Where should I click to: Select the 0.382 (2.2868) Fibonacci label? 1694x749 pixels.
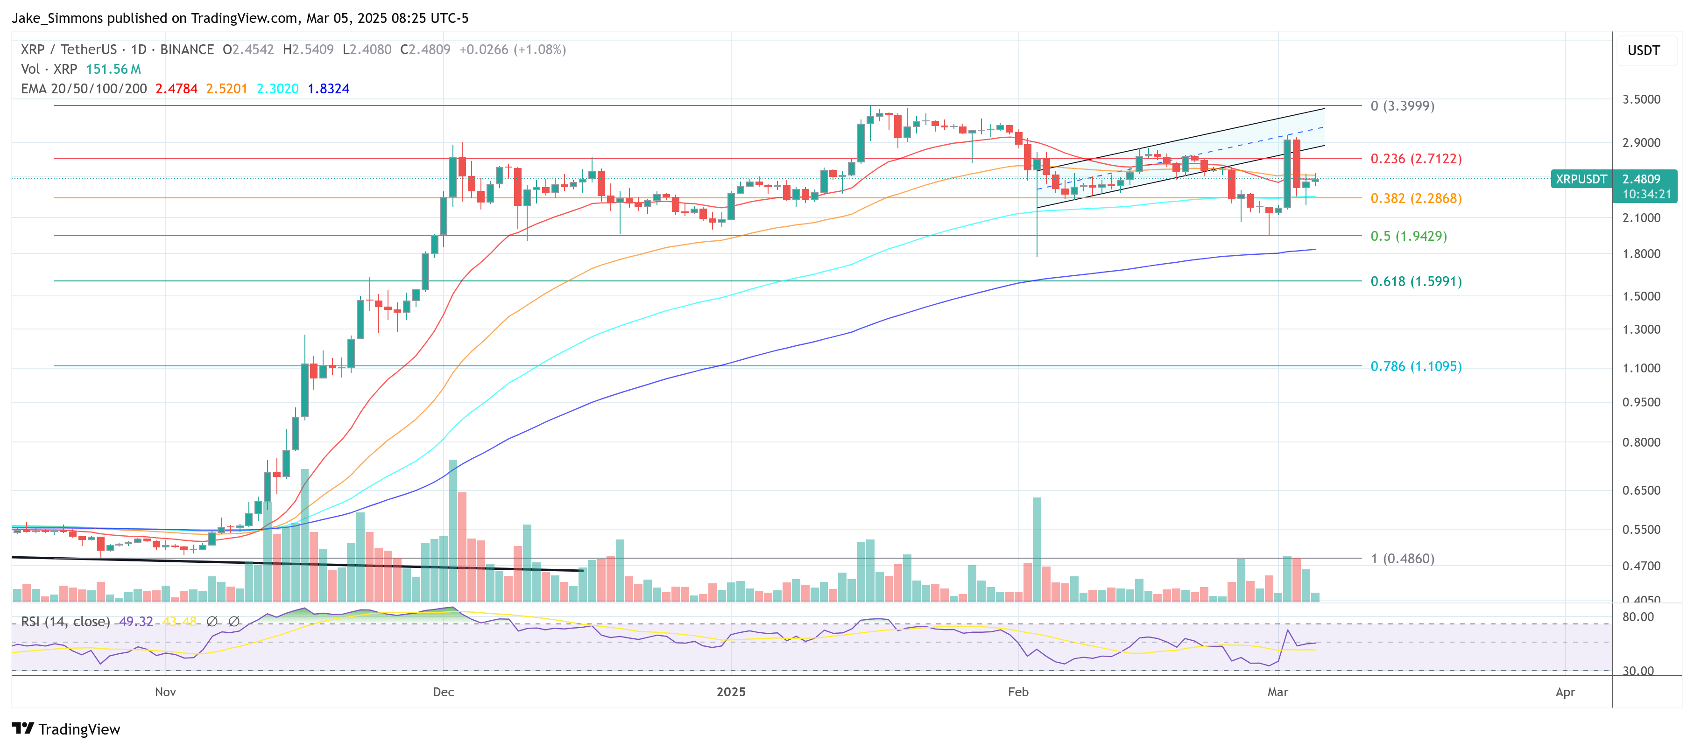(1415, 198)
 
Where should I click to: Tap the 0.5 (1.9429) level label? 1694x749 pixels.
(1408, 236)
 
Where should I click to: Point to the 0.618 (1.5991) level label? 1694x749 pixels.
(1415, 281)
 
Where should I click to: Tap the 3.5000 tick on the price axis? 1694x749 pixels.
(1641, 99)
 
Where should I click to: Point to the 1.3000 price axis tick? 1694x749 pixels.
(1641, 329)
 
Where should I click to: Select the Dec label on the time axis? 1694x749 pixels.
(443, 692)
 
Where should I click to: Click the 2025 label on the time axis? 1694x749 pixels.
(731, 692)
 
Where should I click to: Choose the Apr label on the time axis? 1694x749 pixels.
(1565, 692)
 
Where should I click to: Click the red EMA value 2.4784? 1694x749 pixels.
(176, 89)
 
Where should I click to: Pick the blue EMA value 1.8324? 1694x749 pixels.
(328, 89)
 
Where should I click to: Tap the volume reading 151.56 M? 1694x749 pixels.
(113, 69)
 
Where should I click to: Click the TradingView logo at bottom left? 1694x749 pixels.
(66, 729)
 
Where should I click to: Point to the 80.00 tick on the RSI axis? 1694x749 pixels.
(1638, 617)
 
